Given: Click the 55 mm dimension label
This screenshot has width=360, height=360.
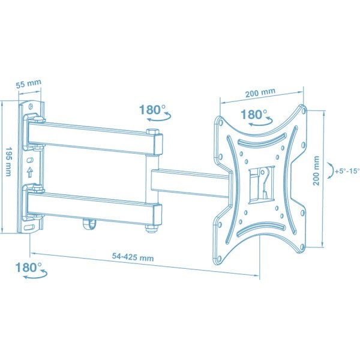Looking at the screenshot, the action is (x=28, y=83).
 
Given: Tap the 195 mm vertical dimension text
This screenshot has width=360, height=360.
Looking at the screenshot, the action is (x=8, y=161).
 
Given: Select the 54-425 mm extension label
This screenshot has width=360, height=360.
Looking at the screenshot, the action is (x=133, y=257).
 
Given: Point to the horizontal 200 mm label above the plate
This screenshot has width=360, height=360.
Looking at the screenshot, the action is (x=260, y=92).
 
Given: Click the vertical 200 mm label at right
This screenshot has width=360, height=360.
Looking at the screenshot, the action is (x=316, y=170).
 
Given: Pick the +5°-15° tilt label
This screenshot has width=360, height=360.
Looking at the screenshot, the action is (x=347, y=171).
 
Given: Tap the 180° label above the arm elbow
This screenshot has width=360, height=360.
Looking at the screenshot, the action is (x=152, y=110).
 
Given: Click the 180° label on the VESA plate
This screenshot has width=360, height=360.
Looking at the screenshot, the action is (x=254, y=114).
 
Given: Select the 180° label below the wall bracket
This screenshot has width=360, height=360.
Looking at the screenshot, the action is (x=28, y=267).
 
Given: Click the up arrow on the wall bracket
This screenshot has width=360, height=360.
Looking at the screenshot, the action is (x=29, y=172).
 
